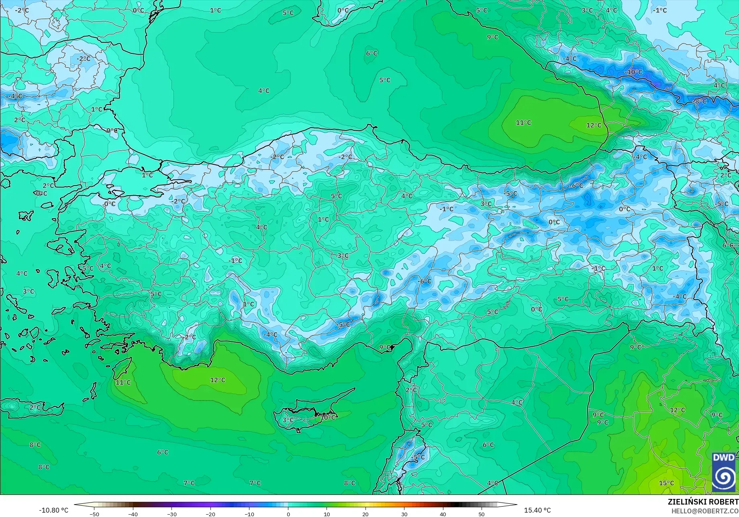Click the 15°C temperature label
click(666, 483)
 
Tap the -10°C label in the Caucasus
click(633, 72)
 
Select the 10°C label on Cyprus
click(327, 417)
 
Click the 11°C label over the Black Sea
click(523, 123)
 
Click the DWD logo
click(724, 472)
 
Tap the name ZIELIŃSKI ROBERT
click(703, 502)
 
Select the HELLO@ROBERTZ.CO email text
click(705, 510)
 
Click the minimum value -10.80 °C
click(53, 510)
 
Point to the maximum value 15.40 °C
click(537, 510)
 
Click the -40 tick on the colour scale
click(133, 514)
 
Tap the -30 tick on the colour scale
click(171, 514)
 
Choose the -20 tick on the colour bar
click(210, 514)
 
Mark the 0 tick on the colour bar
click(288, 514)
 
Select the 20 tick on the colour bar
click(365, 514)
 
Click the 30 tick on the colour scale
click(404, 514)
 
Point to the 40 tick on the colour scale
click(443, 514)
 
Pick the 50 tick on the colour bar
click(482, 514)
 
